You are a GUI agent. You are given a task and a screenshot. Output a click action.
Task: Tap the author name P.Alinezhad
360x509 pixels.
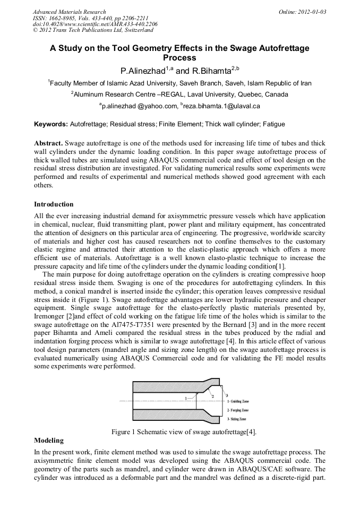[x=143, y=70]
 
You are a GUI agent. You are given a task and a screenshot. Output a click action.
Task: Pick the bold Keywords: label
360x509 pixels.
[x=51, y=124]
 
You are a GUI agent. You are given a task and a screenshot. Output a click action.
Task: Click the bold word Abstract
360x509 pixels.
[x=48, y=144]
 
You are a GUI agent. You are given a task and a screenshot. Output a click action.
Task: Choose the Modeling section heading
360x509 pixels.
[x=49, y=441]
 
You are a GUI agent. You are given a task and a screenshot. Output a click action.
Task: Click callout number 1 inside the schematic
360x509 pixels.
[x=186, y=398]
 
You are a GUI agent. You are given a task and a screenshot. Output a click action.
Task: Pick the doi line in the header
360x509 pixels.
[x=95, y=24]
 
